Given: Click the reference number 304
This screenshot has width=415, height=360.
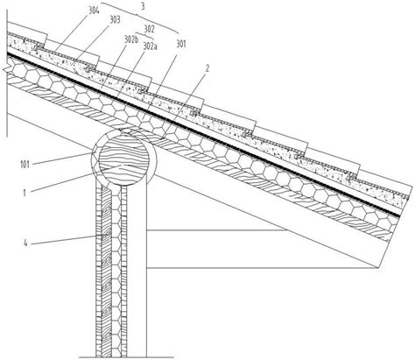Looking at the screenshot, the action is click(94, 11).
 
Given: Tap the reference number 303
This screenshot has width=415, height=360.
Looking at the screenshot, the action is click(115, 20).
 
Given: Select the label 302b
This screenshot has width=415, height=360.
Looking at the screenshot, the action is click(131, 40).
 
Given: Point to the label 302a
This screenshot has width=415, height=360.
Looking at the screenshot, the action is click(150, 46).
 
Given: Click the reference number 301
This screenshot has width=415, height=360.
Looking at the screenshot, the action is click(181, 44).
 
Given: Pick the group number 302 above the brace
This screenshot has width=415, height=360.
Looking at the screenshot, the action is click(149, 29).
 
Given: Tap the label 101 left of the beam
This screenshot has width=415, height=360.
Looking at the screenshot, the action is click(25, 165).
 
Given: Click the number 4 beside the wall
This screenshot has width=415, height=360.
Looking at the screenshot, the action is click(25, 243).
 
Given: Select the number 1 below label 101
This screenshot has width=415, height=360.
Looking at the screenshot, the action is click(25, 193).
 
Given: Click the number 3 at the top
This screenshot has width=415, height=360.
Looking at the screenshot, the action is click(143, 7).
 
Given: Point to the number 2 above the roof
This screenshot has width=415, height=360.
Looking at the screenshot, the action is click(207, 68).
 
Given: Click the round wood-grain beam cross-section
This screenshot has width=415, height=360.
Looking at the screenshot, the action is click(124, 160).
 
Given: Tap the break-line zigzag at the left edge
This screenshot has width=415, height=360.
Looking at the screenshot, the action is click(6, 69).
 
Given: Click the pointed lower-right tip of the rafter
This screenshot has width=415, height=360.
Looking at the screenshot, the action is click(379, 268).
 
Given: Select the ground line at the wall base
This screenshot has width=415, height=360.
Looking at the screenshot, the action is click(126, 357).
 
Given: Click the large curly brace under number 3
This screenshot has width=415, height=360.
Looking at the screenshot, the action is click(140, 15).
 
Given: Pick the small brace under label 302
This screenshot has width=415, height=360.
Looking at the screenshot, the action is click(147, 37).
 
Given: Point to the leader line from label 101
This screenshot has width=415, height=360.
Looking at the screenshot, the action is click(62, 158).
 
